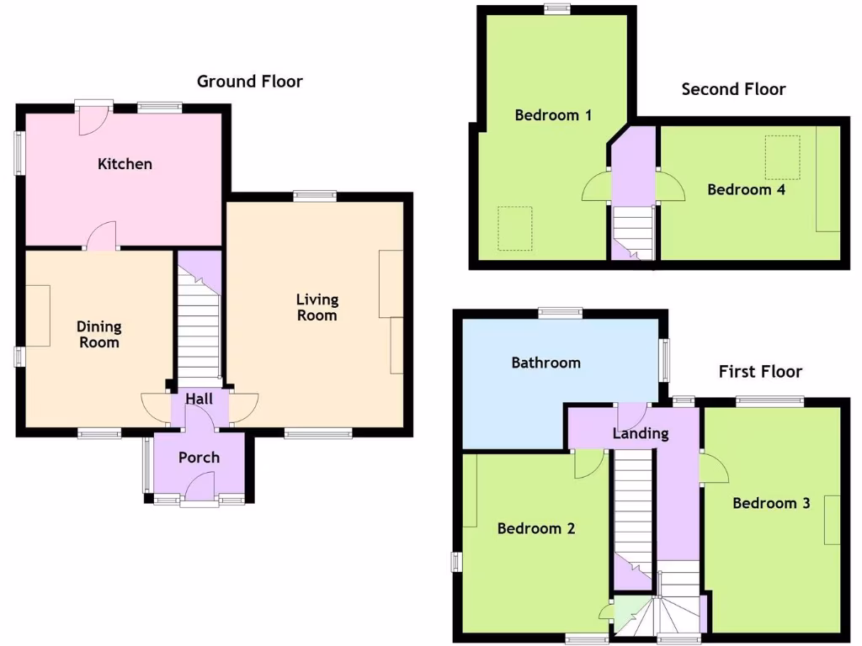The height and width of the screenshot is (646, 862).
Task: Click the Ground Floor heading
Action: [249, 82]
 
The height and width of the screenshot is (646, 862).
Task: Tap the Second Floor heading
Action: [733, 89]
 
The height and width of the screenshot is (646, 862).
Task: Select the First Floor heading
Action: [760, 371]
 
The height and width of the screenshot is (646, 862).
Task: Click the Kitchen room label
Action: [125, 163]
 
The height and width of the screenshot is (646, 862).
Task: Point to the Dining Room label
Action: [98, 334]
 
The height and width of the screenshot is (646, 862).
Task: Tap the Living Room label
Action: [317, 307]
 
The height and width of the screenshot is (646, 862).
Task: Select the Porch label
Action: [199, 458]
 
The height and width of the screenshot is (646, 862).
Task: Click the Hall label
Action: [199, 399]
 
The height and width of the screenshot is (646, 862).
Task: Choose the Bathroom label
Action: [545, 363]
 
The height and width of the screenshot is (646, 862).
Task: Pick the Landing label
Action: [640, 434]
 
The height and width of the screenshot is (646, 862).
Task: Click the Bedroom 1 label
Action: [552, 114]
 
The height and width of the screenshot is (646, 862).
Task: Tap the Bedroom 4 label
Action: [746, 189]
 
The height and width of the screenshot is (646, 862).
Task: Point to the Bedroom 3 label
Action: [771, 503]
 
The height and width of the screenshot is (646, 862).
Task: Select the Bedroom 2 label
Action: [535, 528]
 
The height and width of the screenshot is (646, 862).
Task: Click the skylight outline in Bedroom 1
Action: [514, 228]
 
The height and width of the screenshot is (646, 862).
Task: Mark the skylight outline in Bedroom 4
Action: [782, 157]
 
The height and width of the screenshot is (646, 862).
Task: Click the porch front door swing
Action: [200, 487]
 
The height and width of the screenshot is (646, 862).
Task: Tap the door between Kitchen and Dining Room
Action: [102, 236]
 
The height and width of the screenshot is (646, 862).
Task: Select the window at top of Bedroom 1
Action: [556, 9]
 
